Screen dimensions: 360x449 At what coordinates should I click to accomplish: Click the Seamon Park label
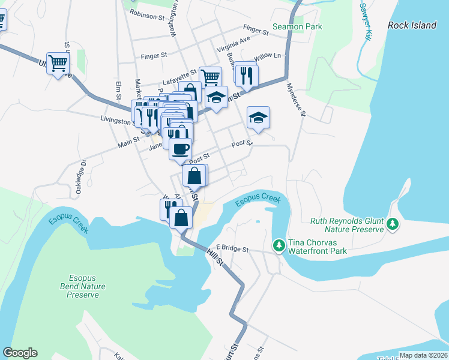point(297,26)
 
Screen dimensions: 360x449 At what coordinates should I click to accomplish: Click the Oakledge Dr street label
point(82,175)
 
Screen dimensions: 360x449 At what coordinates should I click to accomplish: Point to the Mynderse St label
point(296,100)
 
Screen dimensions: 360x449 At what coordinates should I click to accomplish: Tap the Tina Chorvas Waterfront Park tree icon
point(279,245)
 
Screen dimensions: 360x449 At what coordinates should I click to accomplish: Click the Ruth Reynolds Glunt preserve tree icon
point(393,224)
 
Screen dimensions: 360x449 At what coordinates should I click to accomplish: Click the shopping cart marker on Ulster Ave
point(58,62)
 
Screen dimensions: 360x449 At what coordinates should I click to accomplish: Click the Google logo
point(20,353)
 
